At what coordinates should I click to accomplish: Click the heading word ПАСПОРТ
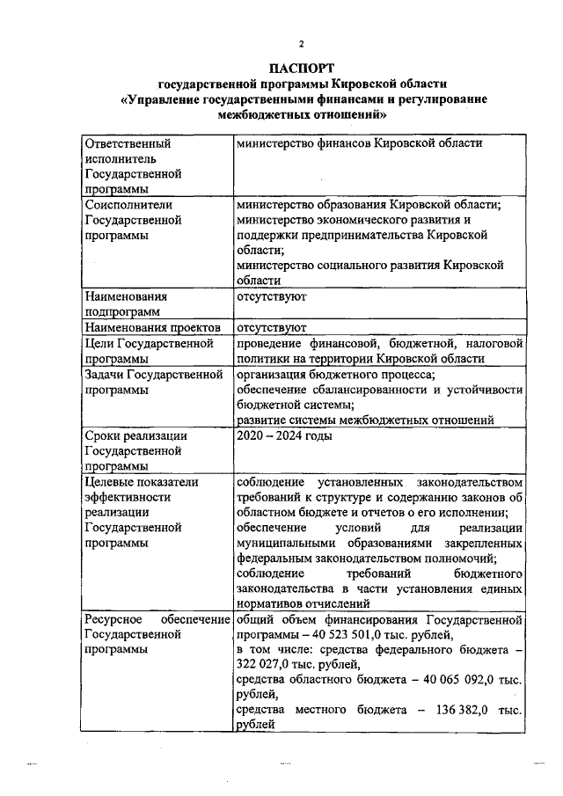pos(302,68)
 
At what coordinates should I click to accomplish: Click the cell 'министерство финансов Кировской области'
pos(359,142)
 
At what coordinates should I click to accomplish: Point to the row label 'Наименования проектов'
pos(150,327)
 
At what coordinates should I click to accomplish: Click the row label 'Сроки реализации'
pos(136,435)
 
